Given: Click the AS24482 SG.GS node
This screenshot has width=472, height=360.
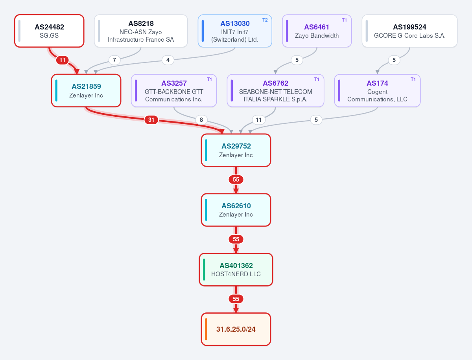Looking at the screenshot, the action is pyautogui.click(x=49, y=31).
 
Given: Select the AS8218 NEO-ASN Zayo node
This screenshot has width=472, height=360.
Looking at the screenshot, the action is pyautogui.click(x=141, y=31).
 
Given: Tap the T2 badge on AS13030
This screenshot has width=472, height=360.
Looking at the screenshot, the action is pyautogui.click(x=265, y=20).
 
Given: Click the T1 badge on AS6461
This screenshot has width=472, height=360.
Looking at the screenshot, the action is pyautogui.click(x=344, y=20).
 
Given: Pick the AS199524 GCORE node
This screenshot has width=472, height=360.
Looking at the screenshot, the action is pyautogui.click(x=409, y=31).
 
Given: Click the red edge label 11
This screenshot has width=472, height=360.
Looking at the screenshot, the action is pyautogui.click(x=63, y=60).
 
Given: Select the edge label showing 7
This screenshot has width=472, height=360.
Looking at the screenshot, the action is pyautogui.click(x=114, y=60).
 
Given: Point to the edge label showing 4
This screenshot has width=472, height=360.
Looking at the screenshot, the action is pyautogui.click(x=168, y=60).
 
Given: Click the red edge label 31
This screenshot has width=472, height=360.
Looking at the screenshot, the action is pyautogui.click(x=151, y=120).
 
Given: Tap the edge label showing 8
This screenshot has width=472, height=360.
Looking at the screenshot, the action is pyautogui.click(x=201, y=120).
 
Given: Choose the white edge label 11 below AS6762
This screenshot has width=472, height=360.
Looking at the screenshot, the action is pyautogui.click(x=258, y=120).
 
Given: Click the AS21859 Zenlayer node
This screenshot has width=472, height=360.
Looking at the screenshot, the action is pyautogui.click(x=86, y=91).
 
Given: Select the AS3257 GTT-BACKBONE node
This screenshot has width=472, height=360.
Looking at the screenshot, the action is pyautogui.click(x=174, y=91).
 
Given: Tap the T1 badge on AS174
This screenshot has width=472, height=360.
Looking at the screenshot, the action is pyautogui.click(x=413, y=79).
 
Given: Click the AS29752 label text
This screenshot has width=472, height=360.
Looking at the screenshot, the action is pyautogui.click(x=236, y=146).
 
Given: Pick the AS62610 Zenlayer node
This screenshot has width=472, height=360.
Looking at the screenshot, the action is pyautogui.click(x=236, y=210).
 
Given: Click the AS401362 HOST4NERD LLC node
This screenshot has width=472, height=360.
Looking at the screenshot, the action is pyautogui.click(x=236, y=270).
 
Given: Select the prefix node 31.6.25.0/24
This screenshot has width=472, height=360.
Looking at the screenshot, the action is pyautogui.click(x=236, y=329).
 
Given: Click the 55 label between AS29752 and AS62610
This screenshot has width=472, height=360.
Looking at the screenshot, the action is pyautogui.click(x=236, y=180).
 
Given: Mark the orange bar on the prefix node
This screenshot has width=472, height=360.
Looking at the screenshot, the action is pyautogui.click(x=206, y=329).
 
